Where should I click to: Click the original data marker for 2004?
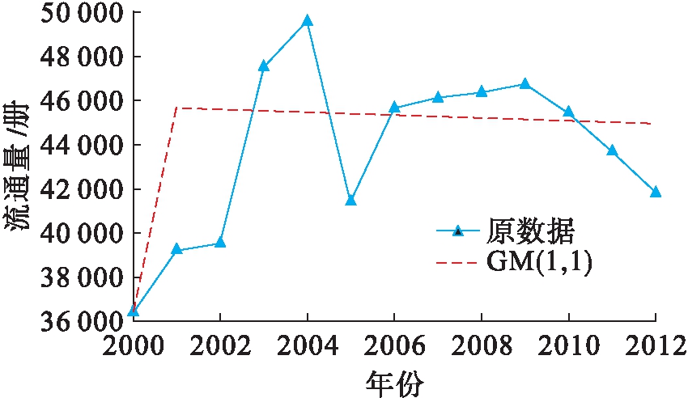coord(308,21)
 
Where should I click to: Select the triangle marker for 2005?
coord(350,200)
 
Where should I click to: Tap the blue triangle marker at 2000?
coord(133,311)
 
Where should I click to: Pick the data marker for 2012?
coord(656,192)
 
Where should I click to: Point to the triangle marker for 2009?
coord(524,84)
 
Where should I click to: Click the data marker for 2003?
coord(264,66)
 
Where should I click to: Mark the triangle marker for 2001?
coord(176,250)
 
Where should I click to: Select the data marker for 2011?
coord(612,150)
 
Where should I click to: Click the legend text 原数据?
coord(530,231)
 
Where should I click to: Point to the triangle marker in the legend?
coord(458,231)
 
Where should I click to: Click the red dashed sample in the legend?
coord(457,262)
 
